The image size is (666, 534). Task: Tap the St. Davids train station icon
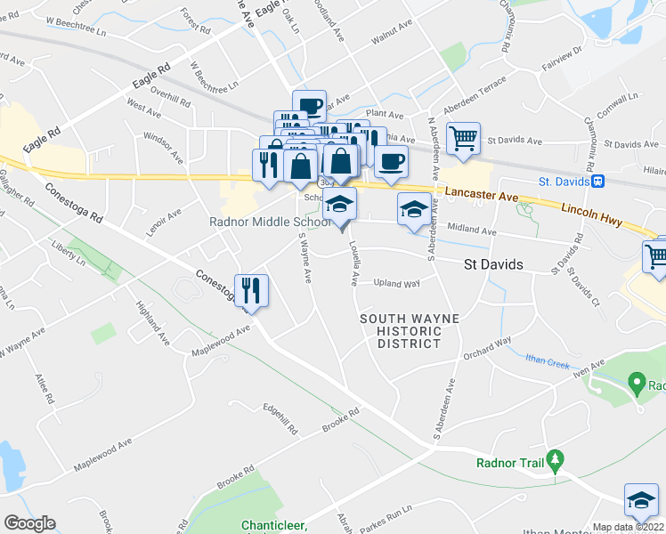point(599,182)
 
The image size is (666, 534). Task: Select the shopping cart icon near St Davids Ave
point(463,138)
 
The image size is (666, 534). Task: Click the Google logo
point(29,523)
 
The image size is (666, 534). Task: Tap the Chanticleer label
point(274,525)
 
